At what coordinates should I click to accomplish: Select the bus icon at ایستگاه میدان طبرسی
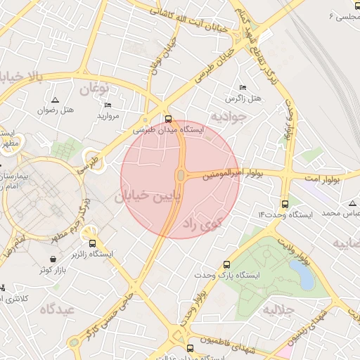[167, 118]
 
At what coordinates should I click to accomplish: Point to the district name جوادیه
[229, 115]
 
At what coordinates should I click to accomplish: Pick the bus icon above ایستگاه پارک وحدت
[226, 264]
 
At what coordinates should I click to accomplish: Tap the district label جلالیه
[280, 309]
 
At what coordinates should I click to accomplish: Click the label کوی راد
[201, 224]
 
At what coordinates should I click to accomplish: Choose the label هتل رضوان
[56, 110]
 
